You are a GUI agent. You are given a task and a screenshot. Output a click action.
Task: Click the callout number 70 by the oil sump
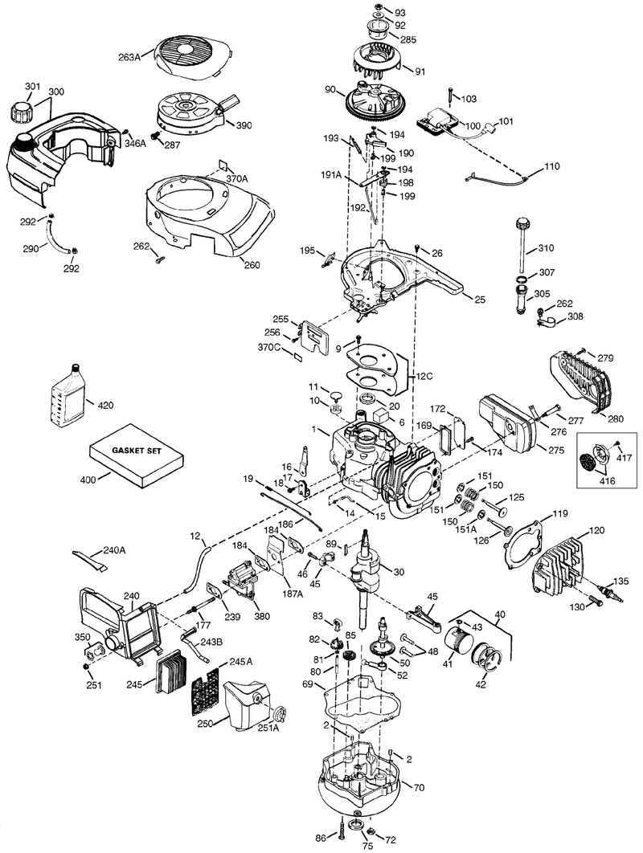point(418,787)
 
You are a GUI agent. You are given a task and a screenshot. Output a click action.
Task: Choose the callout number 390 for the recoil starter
point(244,125)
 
